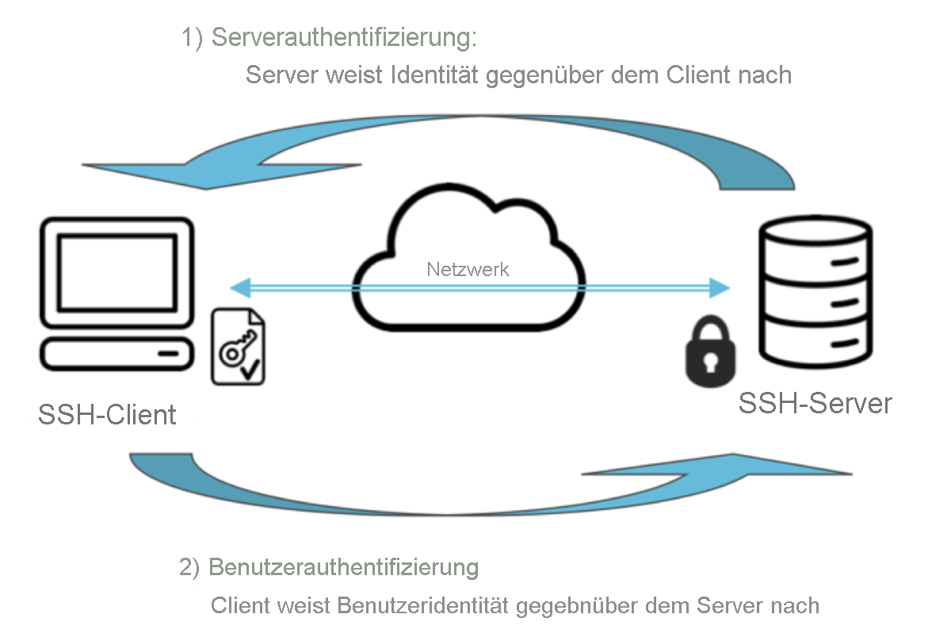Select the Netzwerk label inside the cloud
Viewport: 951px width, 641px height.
pos(468,269)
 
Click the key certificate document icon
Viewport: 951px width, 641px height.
pos(238,347)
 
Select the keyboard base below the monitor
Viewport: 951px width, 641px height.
pos(117,354)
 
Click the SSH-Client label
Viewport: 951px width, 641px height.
pos(107,414)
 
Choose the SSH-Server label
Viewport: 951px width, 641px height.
pos(815,403)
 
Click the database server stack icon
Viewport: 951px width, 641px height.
pos(815,293)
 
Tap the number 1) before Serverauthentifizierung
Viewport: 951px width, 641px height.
pos(193,39)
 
